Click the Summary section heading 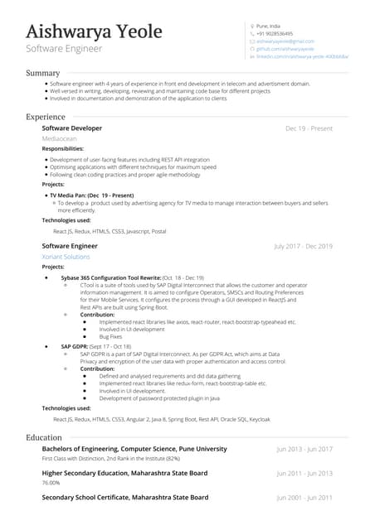42,74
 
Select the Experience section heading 46,117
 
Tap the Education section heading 44,436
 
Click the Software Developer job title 72,128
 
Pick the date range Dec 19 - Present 309,129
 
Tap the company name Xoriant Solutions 66,257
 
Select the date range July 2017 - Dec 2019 303,247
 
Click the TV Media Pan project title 91,195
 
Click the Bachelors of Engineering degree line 134,449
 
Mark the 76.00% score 51,482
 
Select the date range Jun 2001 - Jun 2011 304,498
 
